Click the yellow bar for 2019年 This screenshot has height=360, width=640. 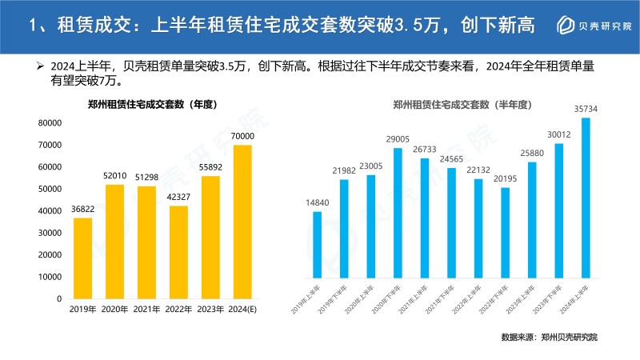[82, 258]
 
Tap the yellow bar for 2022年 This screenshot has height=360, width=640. [178, 252]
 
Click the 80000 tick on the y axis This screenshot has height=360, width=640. [49, 123]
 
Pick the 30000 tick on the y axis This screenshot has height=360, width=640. [49, 233]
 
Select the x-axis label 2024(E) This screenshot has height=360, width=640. [242, 310]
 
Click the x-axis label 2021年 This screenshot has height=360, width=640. [146, 310]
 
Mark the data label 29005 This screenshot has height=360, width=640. [398, 138]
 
